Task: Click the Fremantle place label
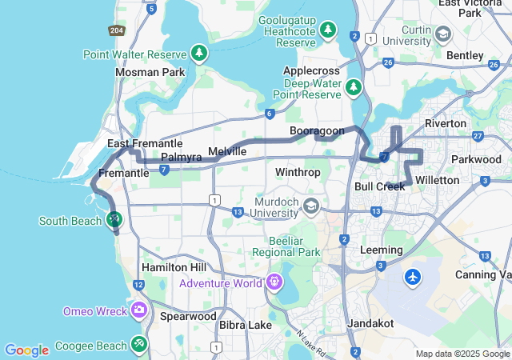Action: [124, 173]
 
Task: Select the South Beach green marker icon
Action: [114, 218]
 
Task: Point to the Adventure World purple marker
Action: [275, 282]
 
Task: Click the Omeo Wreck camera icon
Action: [139, 310]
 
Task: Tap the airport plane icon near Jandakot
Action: [413, 277]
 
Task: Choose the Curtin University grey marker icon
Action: [442, 34]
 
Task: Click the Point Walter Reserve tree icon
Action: [199, 54]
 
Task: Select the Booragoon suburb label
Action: [316, 130]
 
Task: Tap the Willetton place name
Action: [438, 180]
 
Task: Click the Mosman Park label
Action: [150, 72]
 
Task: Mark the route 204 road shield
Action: [115, 30]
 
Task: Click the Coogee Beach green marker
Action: [139, 345]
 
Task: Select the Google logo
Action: [26, 350]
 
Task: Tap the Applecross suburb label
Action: [310, 70]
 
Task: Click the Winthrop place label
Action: [298, 172]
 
